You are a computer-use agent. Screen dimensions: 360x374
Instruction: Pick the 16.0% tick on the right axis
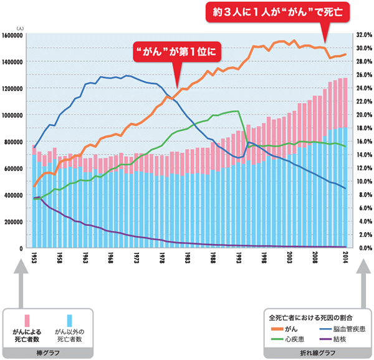[x=363, y=142]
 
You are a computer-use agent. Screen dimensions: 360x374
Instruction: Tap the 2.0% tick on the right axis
[x=363, y=235]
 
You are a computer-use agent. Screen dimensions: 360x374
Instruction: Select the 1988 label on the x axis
[x=214, y=258]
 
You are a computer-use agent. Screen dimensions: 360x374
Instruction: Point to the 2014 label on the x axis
[x=346, y=258]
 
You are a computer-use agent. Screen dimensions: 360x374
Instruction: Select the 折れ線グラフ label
[x=315, y=352]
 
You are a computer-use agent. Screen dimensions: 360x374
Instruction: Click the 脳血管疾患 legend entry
[x=337, y=328]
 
